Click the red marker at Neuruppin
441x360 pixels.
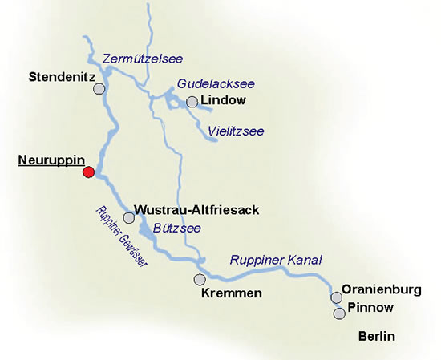89,172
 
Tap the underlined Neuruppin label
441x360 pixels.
51,160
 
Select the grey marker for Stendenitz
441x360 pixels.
99,89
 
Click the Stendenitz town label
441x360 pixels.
62,78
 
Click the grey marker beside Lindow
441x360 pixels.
192,102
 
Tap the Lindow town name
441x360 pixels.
224,101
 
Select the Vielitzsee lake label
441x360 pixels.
236,131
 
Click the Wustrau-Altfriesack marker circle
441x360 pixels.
128,217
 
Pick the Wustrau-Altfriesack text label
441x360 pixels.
196,210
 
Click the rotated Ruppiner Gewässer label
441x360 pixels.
122,237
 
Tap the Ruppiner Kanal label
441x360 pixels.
275,260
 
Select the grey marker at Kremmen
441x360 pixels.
200,280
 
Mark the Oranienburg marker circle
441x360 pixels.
337,298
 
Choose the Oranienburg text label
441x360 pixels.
381,290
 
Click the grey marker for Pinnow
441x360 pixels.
338,313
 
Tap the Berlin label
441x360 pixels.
377,337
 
